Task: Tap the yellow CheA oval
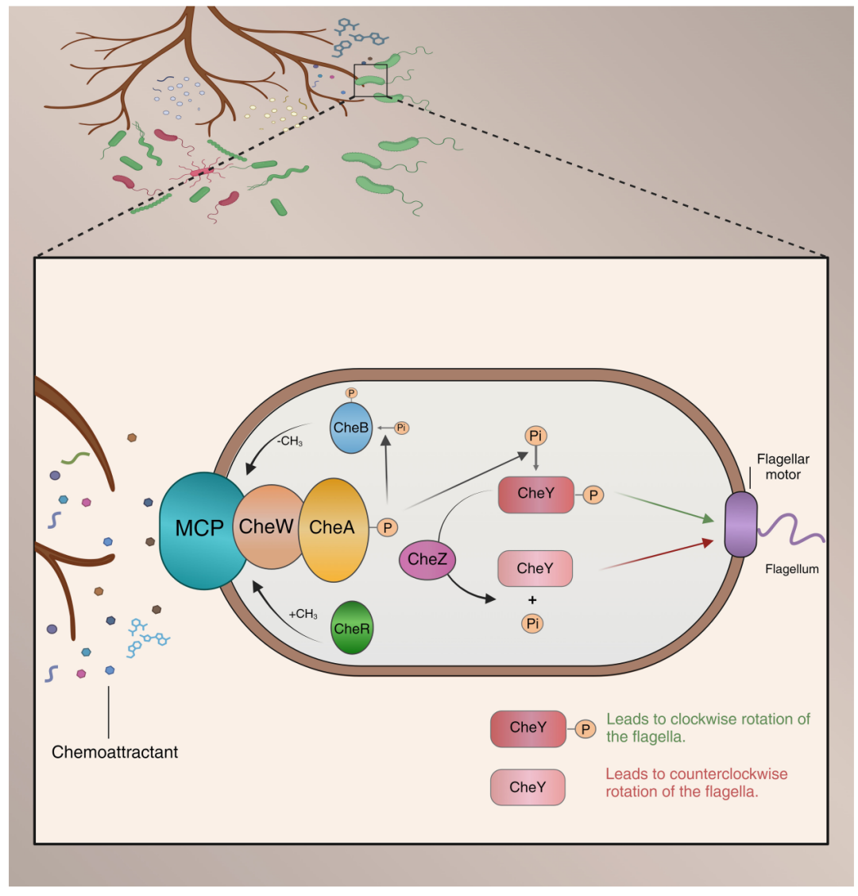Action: click(334, 529)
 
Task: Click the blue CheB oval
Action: click(351, 428)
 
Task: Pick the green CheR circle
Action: click(352, 627)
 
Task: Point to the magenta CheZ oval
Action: click(427, 560)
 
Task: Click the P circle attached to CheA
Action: click(388, 528)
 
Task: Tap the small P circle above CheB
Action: click(352, 393)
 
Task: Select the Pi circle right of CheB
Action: click(402, 428)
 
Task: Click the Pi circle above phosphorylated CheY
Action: click(535, 436)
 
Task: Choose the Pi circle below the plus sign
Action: click(532, 623)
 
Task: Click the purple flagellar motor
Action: click(741, 525)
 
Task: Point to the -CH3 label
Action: click(289, 441)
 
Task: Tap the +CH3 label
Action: click(303, 615)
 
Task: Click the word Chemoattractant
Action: click(114, 752)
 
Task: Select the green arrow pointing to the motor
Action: click(666, 507)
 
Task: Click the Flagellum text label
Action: click(792, 569)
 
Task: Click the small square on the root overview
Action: click(370, 80)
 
